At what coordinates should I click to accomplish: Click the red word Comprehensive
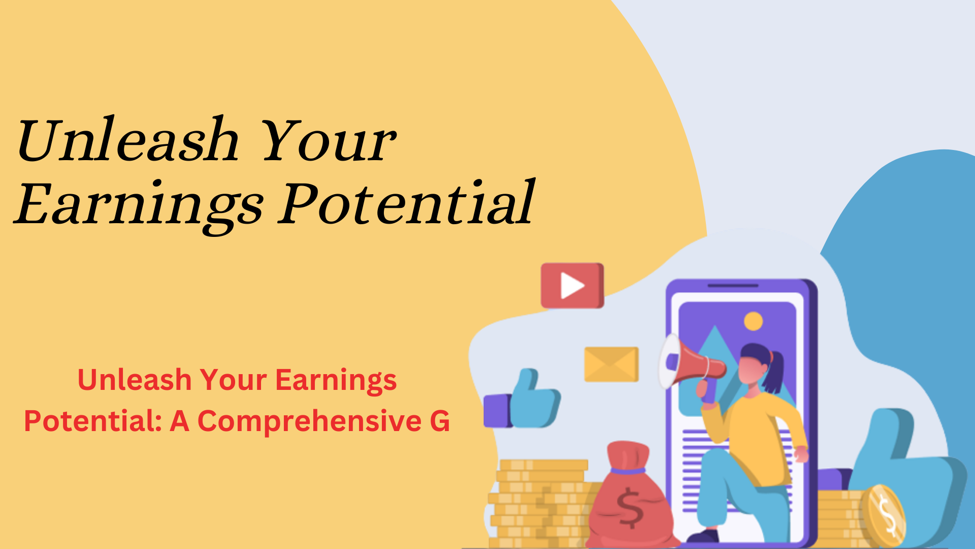click(309, 422)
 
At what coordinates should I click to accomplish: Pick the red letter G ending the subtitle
click(440, 421)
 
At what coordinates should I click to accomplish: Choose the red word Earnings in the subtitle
click(336, 381)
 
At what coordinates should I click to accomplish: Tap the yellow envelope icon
click(611, 364)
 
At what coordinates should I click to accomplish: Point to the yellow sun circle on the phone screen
click(753, 321)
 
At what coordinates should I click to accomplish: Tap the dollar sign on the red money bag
click(630, 508)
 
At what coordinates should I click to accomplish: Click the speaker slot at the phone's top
click(733, 286)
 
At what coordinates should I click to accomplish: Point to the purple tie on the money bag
click(628, 471)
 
